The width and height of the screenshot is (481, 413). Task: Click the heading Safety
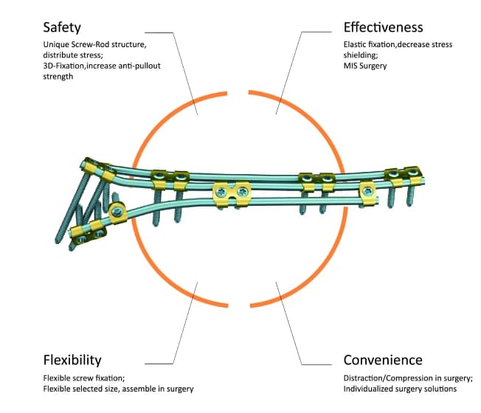(x=63, y=28)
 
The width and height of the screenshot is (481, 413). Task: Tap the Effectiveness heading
(x=383, y=28)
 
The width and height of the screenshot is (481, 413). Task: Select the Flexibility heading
(x=72, y=361)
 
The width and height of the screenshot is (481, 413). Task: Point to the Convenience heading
(x=383, y=361)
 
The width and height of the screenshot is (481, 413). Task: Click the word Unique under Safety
(x=58, y=45)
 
